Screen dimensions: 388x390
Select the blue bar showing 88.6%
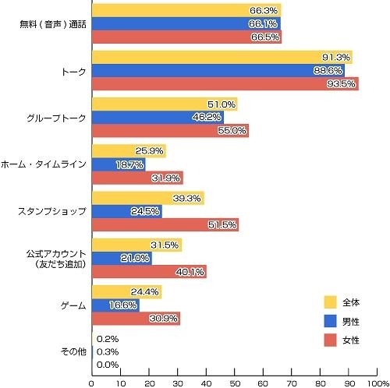(x=218, y=70)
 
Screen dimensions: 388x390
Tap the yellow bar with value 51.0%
(x=165, y=104)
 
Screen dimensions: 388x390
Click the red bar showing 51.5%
(x=165, y=224)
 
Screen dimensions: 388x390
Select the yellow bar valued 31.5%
(x=136, y=245)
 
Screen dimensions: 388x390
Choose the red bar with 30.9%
(x=136, y=318)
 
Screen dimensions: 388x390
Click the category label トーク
(x=75, y=70)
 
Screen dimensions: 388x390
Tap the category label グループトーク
(x=58, y=118)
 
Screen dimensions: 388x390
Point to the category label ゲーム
(x=73, y=305)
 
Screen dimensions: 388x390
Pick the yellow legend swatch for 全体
(x=330, y=302)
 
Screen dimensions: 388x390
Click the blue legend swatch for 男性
(x=330, y=321)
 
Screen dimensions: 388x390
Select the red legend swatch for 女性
(x=330, y=340)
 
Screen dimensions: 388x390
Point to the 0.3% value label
(x=108, y=351)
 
